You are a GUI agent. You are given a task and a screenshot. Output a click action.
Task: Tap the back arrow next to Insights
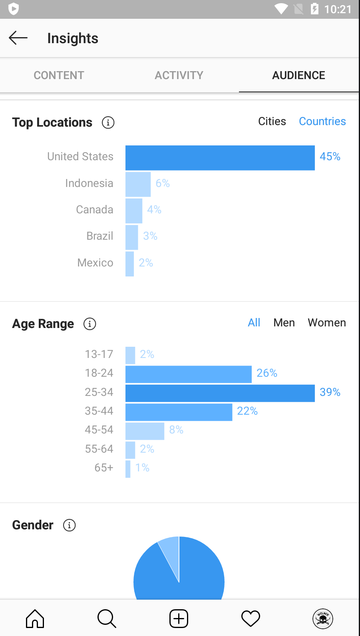point(18,38)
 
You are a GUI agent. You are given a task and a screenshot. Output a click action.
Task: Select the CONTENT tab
point(59,75)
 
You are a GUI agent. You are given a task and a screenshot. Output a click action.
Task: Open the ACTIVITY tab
point(179,75)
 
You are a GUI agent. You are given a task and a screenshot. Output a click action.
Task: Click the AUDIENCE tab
point(299,75)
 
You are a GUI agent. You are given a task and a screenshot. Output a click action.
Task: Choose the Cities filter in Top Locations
point(272,121)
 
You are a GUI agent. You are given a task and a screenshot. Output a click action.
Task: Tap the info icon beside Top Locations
point(108,123)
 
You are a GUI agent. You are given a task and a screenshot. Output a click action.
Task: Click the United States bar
point(220,158)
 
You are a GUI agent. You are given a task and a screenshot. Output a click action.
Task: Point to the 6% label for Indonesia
point(163,183)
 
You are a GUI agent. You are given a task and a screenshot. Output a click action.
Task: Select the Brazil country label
point(99,236)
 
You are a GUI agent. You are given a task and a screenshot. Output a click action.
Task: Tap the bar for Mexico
point(129,264)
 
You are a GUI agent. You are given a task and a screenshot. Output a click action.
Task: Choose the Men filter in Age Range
point(284,322)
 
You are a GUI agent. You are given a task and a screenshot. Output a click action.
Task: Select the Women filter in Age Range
point(327,322)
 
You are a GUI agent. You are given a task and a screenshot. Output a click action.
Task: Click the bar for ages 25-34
point(220,393)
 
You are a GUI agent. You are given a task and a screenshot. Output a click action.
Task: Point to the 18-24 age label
point(99,373)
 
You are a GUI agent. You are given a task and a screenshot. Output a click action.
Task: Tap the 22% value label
point(247,411)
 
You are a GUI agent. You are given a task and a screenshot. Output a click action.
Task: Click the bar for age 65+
point(128,469)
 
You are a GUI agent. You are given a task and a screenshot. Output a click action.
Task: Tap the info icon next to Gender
point(69,525)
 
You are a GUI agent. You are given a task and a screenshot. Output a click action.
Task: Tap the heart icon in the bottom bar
point(251,618)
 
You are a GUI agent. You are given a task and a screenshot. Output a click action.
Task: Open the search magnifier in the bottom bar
point(107,618)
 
